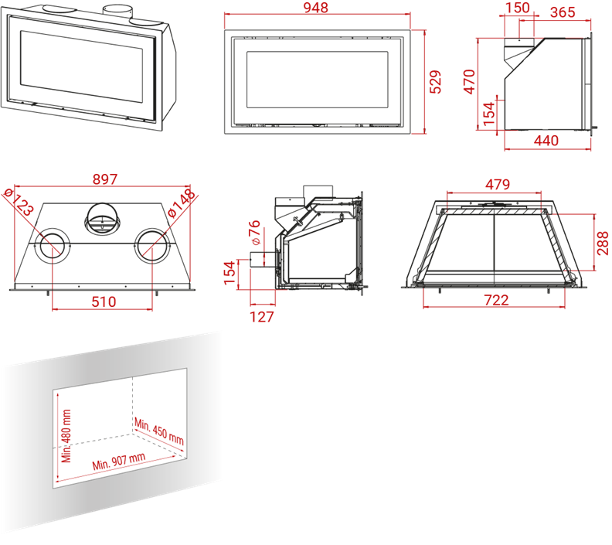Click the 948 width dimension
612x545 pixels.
pos(316,9)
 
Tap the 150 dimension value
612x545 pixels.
pos(517,9)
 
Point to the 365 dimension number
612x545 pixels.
pos(563,12)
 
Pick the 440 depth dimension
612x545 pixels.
pos(546,141)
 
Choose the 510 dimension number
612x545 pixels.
pos(102,301)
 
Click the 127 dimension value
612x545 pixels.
pos(263,316)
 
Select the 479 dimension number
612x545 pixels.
pos(498,185)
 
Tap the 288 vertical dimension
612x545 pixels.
pos(603,241)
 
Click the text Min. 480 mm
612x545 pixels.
pos(67,435)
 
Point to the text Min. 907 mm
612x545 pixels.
pos(119,462)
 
